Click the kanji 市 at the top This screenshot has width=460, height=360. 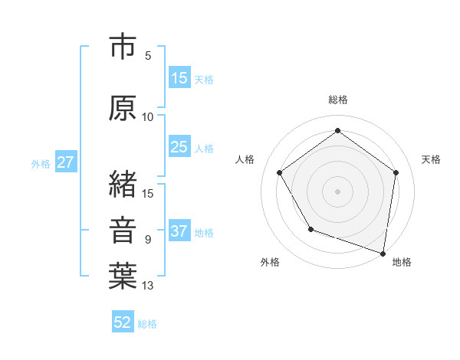(123, 48)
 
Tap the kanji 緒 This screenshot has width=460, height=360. (123, 183)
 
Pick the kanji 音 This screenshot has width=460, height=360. (123, 230)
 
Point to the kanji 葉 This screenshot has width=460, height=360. (123, 277)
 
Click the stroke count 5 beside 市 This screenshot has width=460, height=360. (148, 56)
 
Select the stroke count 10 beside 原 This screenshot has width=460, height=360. (148, 117)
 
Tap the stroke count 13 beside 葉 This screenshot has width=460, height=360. (148, 286)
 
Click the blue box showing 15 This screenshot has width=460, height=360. (179, 78)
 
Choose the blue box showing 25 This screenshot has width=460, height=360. (179, 147)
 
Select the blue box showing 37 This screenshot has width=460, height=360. (179, 232)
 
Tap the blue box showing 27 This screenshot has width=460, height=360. (65, 162)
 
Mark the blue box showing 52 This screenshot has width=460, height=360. (123, 322)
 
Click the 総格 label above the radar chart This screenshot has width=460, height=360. (337, 100)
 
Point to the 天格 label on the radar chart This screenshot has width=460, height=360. (431, 159)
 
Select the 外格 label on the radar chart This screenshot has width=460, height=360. (270, 262)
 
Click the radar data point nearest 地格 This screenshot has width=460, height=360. (383, 253)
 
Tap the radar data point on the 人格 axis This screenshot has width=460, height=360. (279, 172)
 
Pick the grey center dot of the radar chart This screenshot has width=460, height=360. (337, 191)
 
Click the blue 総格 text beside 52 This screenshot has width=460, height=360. (147, 324)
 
